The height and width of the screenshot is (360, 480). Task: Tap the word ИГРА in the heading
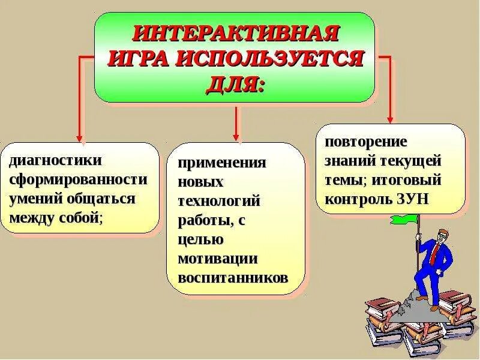click(x=139, y=59)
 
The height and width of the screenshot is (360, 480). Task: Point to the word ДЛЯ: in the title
click(x=235, y=85)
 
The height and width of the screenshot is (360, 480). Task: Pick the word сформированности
click(x=78, y=179)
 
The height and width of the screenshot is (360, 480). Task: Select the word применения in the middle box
click(x=221, y=163)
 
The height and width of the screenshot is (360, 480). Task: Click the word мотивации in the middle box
click(x=217, y=259)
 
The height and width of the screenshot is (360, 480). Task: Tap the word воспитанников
click(x=233, y=278)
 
